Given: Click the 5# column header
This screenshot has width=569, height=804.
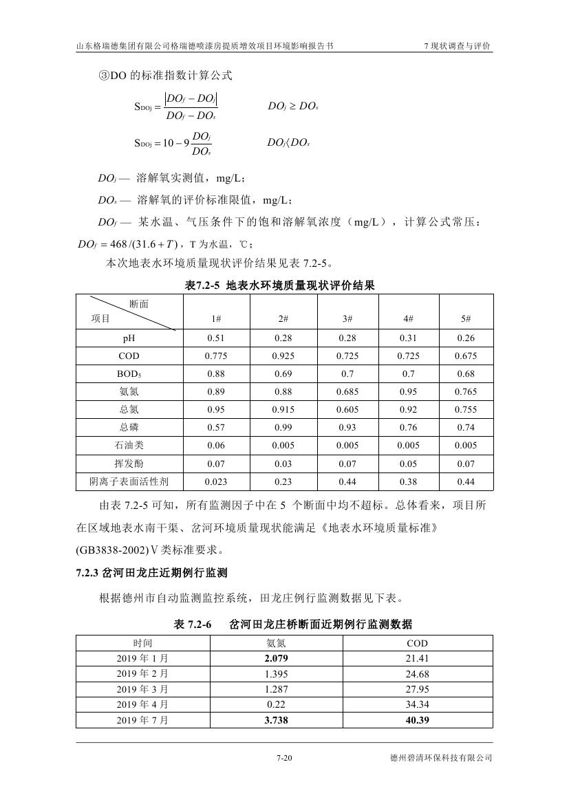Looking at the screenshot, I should (x=466, y=318).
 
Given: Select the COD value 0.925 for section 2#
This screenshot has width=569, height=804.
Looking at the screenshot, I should (x=283, y=356).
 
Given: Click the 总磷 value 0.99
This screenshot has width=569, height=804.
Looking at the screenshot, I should (x=283, y=428).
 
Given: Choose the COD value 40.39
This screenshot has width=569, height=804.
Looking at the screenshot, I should (x=418, y=720).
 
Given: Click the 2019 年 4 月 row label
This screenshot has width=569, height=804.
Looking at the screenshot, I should (x=142, y=705).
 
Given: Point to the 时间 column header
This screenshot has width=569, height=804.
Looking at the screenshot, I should (x=142, y=643).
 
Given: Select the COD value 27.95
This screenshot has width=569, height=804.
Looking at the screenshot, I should (x=418, y=689).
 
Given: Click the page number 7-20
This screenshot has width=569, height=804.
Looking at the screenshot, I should (x=284, y=759).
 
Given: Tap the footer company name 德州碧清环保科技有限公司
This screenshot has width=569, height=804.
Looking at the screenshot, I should (x=441, y=759).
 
